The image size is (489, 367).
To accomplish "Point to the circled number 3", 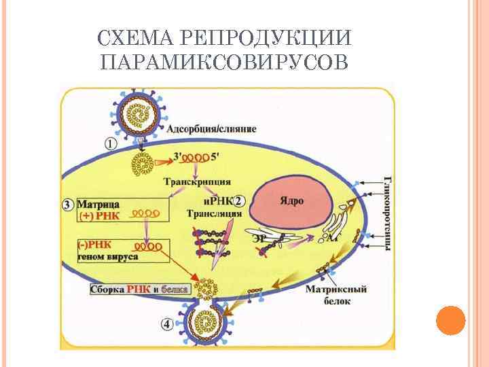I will [67, 204].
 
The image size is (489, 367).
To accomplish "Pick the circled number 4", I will [166, 325].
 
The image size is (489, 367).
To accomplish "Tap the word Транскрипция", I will [197, 182].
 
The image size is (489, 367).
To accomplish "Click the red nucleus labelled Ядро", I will [291, 202].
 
